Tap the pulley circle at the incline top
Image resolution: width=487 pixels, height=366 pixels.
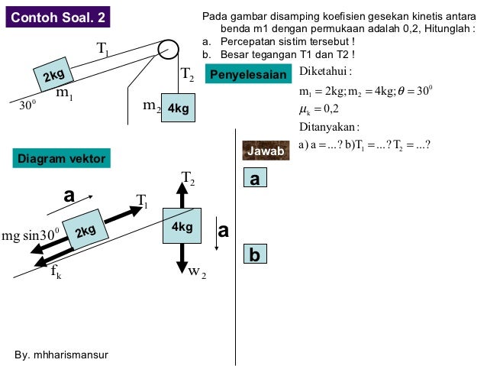pyautogui.click(x=168, y=49)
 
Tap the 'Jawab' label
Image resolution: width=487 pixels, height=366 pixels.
pyautogui.click(x=266, y=151)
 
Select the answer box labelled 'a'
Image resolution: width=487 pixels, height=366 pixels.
pyautogui.click(x=255, y=179)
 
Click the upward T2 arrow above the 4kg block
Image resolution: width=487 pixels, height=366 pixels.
pyautogui.click(x=182, y=196)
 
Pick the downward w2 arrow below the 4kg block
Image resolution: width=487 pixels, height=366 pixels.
pyautogui.click(x=182, y=257)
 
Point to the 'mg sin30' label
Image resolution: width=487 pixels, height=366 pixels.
pyautogui.click(x=31, y=234)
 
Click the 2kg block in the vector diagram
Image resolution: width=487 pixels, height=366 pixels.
pyautogui.click(x=83, y=229)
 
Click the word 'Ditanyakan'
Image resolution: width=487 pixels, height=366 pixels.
pyautogui.click(x=329, y=126)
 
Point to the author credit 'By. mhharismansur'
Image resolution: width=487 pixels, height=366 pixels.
pyautogui.click(x=62, y=356)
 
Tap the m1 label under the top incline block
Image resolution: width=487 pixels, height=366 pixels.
pyautogui.click(x=65, y=95)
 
